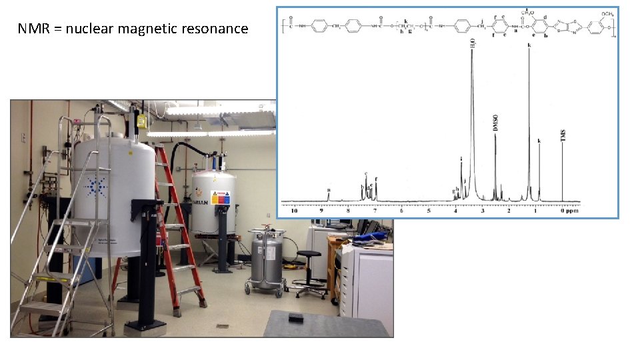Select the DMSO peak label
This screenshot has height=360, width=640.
[x=495, y=123]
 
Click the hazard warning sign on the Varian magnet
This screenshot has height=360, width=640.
[x=220, y=198]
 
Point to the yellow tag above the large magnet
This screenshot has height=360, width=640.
[x=141, y=121]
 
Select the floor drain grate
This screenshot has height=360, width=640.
[x=222, y=326]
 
